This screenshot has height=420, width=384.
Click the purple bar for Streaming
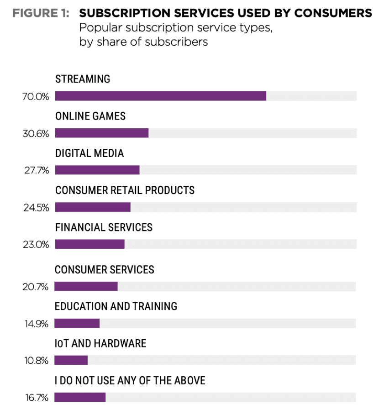coord(160,96)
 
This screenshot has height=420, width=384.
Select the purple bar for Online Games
coord(102,133)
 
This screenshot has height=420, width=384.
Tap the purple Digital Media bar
coord(97,170)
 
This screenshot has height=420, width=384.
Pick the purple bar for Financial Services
coord(89,244)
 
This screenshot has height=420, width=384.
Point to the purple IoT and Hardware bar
coord(71,360)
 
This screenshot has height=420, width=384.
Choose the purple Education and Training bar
coord(77,323)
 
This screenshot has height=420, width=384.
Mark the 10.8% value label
coord(36,361)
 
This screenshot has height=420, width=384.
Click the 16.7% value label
coord(36,398)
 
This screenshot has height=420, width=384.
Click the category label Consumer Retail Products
coord(125,190)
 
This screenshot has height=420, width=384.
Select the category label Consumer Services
coord(104,269)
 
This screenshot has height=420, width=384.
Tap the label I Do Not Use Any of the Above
coord(130,380)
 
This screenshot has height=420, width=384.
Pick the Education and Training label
coord(116,306)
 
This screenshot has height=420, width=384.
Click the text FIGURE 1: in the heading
coord(41,13)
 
